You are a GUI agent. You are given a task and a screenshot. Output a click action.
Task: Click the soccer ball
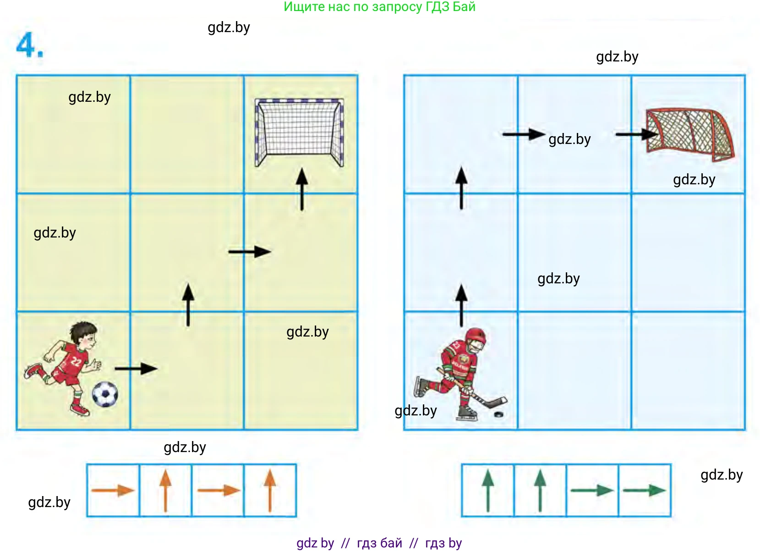pos(105,394)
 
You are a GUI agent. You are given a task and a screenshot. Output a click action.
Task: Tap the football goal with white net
pos(299,132)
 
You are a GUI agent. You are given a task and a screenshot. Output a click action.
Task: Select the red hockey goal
pos(689,134)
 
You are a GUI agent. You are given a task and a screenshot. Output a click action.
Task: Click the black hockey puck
pos(498,414)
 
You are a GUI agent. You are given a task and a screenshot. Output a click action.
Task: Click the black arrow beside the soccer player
pos(136,368)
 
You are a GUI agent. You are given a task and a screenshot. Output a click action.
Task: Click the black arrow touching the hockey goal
pos(636,134)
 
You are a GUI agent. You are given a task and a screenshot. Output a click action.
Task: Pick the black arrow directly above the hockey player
pos(461,305)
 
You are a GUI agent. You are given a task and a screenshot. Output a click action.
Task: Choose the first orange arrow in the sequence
pos(113,491)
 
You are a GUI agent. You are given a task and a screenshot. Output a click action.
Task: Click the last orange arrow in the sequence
pos(270,490)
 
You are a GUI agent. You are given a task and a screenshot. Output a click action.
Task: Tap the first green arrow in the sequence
pos(488,490)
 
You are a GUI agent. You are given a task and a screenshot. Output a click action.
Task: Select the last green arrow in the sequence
pos(644,490)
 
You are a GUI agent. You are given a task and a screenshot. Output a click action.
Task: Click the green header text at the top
pos(379,7)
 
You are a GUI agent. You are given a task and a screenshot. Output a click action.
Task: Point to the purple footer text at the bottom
pos(379,543)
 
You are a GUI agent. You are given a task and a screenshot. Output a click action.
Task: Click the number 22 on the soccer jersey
pos(76,363)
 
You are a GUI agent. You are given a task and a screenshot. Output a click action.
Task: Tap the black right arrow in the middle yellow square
pos(250,252)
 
